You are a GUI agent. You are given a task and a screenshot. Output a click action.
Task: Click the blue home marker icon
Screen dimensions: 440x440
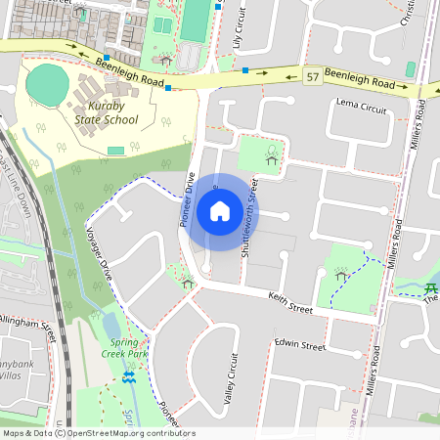(x=220, y=210)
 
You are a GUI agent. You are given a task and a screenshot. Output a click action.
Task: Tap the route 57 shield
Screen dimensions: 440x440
(x=312, y=76)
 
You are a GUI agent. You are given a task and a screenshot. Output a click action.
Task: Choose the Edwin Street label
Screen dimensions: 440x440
(x=299, y=345)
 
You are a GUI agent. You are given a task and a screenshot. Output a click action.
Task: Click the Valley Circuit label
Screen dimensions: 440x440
(x=232, y=378)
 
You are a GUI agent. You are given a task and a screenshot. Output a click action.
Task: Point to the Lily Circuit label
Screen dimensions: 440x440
(x=236, y=28)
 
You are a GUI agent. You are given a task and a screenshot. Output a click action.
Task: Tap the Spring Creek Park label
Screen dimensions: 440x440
(x=124, y=348)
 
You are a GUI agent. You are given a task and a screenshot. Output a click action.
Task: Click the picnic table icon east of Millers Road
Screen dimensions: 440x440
(x=430, y=287)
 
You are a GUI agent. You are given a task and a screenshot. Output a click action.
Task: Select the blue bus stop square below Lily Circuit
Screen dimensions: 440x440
(x=245, y=70)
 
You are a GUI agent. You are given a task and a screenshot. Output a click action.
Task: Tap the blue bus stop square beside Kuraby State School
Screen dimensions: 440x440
(x=169, y=88)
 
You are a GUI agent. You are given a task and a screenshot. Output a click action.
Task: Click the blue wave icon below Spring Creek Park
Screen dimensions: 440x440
(x=129, y=376)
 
